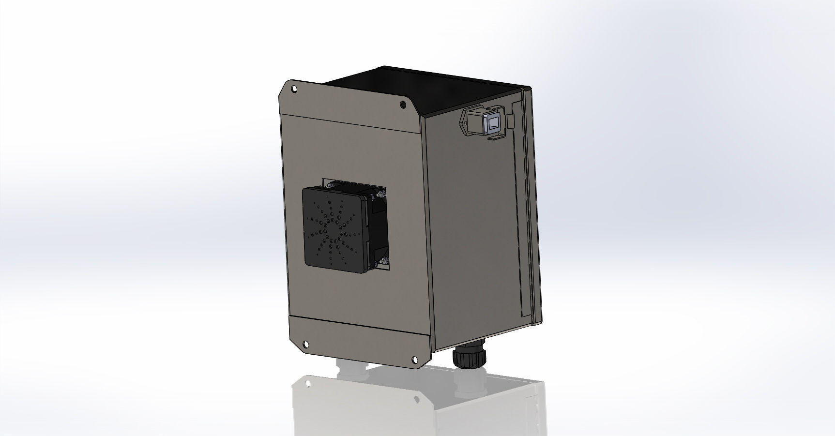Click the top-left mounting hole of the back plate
[x=294, y=89]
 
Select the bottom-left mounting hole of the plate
[x=306, y=344]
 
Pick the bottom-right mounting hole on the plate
[x=415, y=359]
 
